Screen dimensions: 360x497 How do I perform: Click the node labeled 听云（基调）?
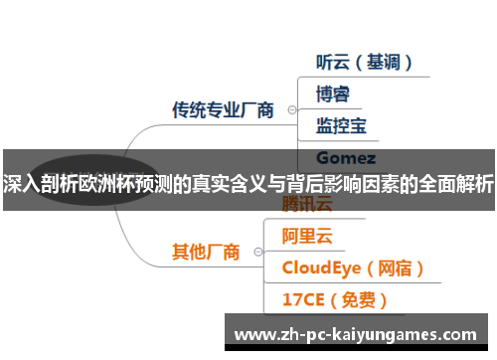[x=363, y=62]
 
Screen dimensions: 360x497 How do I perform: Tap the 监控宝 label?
[x=341, y=125]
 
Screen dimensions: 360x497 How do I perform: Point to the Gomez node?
[x=345, y=157]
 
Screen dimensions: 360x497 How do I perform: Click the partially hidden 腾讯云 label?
[x=307, y=205]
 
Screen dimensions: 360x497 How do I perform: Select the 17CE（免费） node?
[x=334, y=298]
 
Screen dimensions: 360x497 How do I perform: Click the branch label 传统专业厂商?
[x=223, y=109]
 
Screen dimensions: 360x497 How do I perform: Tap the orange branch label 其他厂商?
[x=206, y=252]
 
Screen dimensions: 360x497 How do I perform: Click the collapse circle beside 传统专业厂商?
[x=291, y=109]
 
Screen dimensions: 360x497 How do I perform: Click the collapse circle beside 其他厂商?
[x=258, y=252]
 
